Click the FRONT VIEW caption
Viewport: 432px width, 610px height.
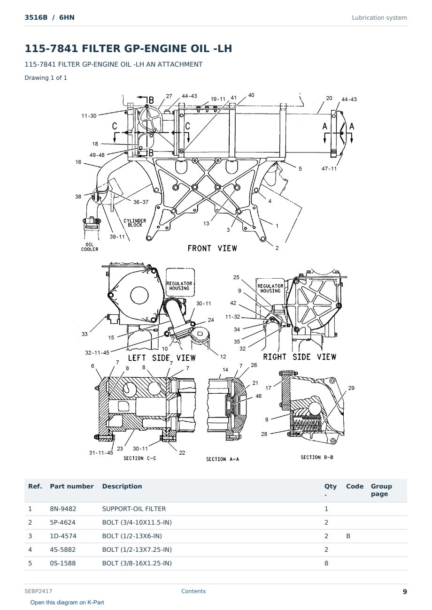coord(212,248)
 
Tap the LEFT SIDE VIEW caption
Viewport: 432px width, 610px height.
coord(162,358)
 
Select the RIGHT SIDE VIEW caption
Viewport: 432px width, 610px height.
coord(300,357)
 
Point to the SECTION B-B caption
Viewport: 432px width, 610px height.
coord(316,457)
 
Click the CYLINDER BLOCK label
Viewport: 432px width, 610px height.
coord(135,223)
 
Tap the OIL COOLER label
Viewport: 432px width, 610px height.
coord(90,247)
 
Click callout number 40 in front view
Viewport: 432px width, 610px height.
coord(251,95)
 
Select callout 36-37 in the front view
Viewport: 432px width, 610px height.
coord(141,202)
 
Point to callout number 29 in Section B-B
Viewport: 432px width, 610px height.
coord(351,388)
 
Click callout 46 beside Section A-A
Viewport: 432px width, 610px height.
coord(258,396)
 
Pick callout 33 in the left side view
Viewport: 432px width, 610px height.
coord(85,334)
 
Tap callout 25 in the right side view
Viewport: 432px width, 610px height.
coord(236,277)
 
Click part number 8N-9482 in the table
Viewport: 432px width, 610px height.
coord(63,509)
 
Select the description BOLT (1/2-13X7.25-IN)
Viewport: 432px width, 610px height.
coord(137,549)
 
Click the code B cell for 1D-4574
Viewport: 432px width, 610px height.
coord(348,536)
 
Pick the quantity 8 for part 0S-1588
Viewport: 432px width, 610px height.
coord(326,563)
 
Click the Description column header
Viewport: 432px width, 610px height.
coord(122,487)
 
